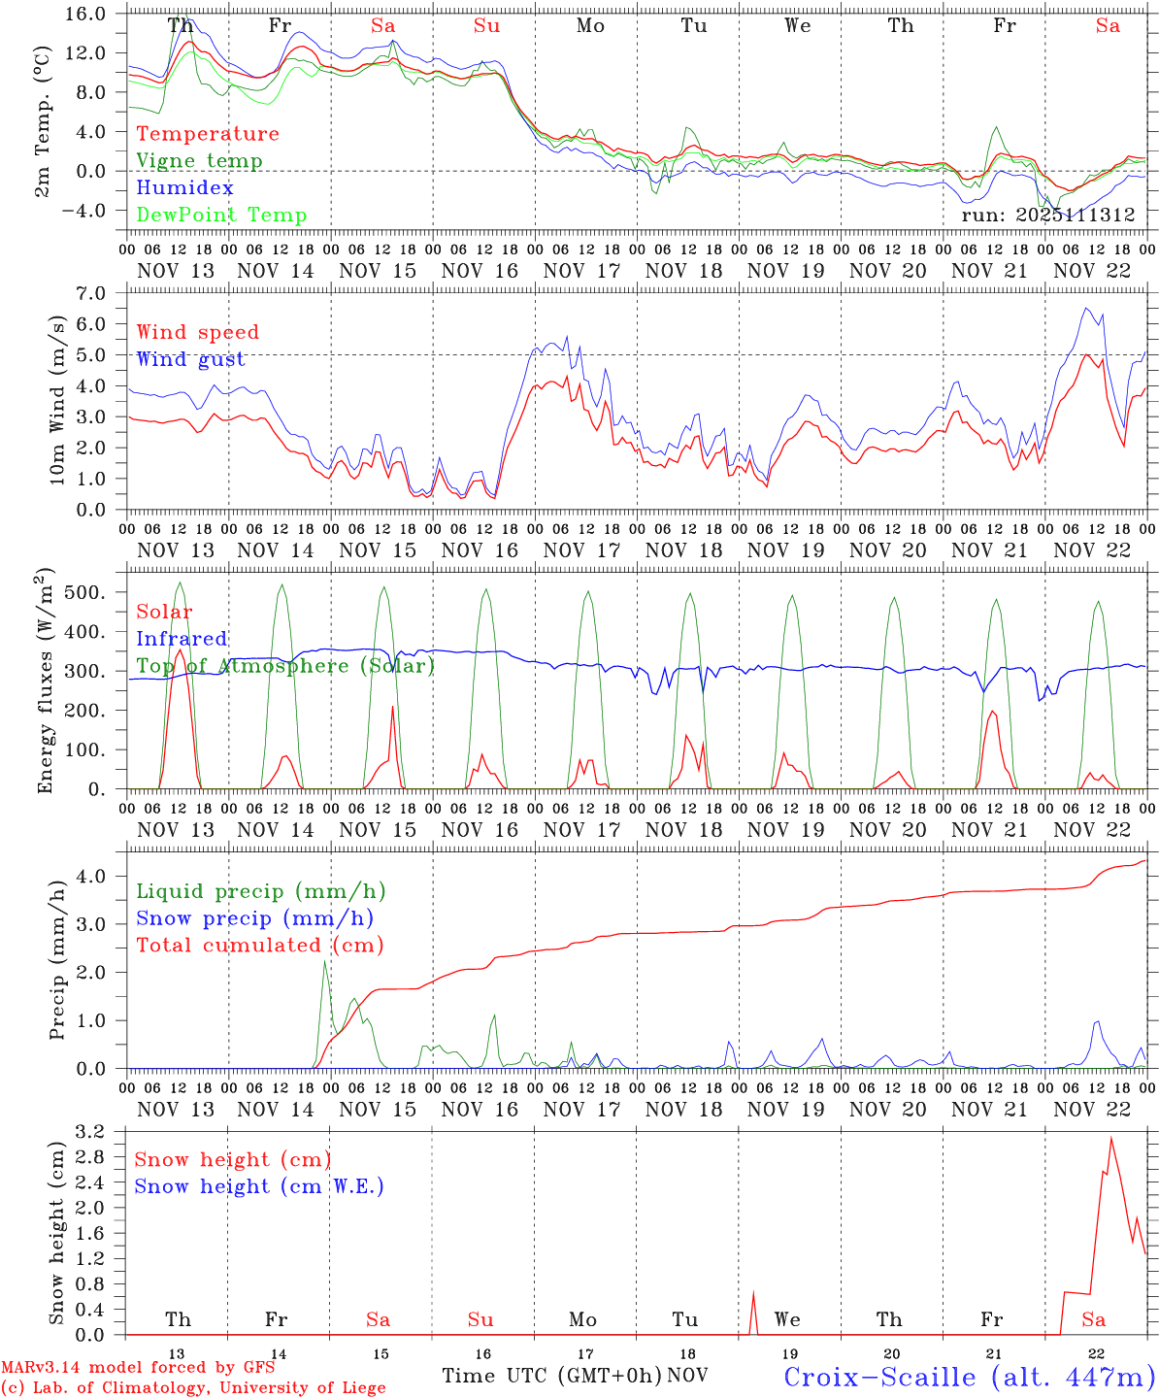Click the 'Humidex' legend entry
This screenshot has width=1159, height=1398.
(x=184, y=188)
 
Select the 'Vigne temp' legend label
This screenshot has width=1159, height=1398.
(x=199, y=161)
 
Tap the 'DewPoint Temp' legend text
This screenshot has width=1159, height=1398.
(x=221, y=216)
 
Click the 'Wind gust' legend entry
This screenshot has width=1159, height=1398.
(x=190, y=359)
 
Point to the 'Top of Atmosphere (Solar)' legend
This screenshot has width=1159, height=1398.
(x=284, y=666)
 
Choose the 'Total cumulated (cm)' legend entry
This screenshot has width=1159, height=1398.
(x=259, y=946)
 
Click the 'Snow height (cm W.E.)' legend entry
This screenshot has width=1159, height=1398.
(x=258, y=1186)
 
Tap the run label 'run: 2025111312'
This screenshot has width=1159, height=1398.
(x=1047, y=216)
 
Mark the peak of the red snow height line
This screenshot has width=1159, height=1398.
(x=1110, y=1139)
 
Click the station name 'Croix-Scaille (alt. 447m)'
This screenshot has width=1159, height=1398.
(x=968, y=1377)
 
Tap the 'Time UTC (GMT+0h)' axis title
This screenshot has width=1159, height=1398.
(x=552, y=1376)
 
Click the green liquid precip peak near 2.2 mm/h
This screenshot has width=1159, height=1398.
(x=324, y=961)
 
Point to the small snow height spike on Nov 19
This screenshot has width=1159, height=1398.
(x=753, y=1292)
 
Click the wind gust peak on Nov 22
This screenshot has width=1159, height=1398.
(x=1086, y=309)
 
